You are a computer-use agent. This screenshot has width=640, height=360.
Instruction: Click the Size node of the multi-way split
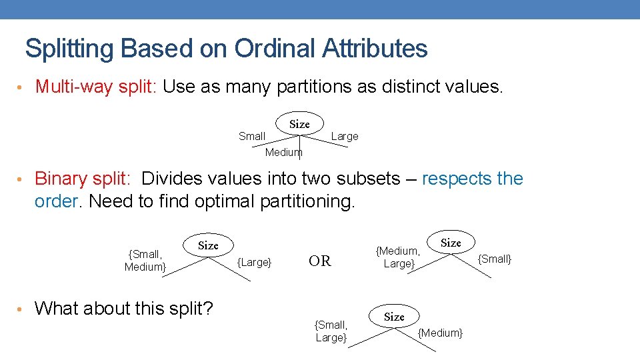click(x=299, y=124)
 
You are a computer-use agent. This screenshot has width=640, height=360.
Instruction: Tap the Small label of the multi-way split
click(x=252, y=136)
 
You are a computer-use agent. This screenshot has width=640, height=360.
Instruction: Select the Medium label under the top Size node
click(x=283, y=152)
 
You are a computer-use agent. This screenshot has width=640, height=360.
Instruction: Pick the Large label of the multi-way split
click(x=345, y=136)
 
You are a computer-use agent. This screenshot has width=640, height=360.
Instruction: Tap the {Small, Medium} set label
click(x=145, y=261)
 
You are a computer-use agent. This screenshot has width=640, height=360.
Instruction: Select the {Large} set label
click(x=255, y=262)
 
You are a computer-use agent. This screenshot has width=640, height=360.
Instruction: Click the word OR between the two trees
click(x=320, y=261)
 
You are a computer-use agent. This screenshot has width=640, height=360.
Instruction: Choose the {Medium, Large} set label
click(x=398, y=257)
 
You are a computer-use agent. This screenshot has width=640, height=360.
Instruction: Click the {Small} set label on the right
click(x=495, y=259)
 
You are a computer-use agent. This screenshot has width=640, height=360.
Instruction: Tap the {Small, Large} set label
click(x=331, y=331)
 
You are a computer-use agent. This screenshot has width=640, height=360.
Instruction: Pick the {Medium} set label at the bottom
click(x=440, y=333)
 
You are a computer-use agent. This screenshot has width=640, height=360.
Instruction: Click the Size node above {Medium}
click(x=394, y=317)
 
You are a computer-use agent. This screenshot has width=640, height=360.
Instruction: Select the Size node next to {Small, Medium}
click(x=208, y=245)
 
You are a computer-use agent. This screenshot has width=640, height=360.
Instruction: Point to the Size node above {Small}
click(x=451, y=243)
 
